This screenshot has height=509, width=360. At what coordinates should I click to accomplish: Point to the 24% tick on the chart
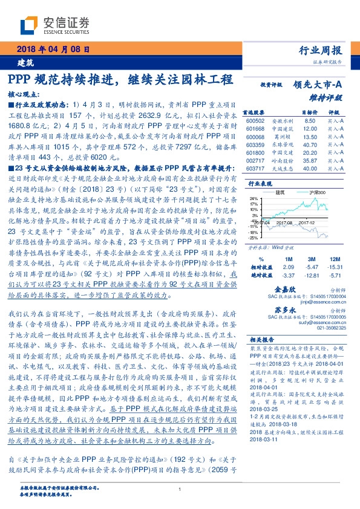(254, 198)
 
